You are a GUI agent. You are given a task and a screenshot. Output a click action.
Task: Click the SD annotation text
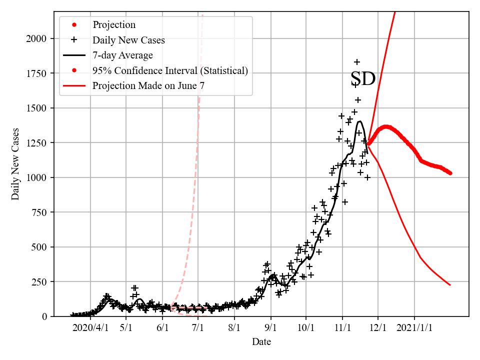362,79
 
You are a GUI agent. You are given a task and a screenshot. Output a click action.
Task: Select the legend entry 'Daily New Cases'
128,40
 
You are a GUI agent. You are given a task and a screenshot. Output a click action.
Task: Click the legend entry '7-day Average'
122,55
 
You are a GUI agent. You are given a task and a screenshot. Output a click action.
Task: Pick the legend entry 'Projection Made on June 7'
148,86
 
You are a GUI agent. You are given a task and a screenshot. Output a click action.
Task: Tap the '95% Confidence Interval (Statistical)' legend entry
170,70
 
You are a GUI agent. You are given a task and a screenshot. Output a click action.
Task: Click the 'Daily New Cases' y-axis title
15,163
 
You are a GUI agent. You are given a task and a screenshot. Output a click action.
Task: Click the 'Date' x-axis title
261,342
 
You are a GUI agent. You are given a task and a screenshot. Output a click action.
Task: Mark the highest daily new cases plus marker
357,62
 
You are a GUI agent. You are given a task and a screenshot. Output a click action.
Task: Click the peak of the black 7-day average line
359,121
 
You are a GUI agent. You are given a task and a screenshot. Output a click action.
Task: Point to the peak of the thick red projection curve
385,126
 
